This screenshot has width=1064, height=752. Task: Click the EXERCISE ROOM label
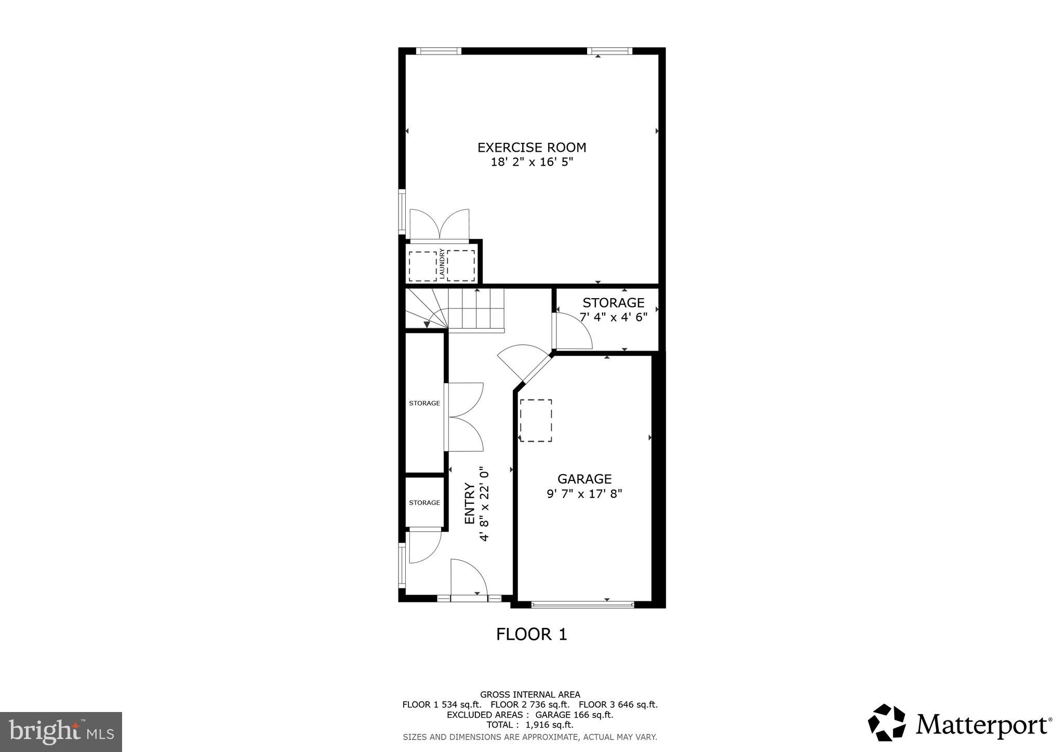531,147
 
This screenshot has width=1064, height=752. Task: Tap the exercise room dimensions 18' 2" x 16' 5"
531,162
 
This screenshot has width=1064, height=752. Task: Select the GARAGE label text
584,479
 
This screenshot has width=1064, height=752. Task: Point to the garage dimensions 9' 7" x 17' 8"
584,493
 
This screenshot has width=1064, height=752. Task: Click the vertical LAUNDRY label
442,265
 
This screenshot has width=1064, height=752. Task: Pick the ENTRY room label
470,503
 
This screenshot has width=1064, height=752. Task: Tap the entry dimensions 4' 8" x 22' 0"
484,503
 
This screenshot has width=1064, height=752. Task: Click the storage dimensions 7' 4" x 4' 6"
614,317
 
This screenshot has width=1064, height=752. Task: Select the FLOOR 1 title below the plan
531,634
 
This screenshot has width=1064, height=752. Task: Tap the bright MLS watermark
61,732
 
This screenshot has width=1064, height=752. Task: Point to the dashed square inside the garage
536,421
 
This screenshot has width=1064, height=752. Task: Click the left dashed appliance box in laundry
422,266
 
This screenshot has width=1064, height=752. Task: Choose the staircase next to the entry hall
455,310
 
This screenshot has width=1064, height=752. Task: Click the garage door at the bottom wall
582,604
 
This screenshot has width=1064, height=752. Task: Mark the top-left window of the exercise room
438,51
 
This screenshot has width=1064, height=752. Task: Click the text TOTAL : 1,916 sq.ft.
529,724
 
